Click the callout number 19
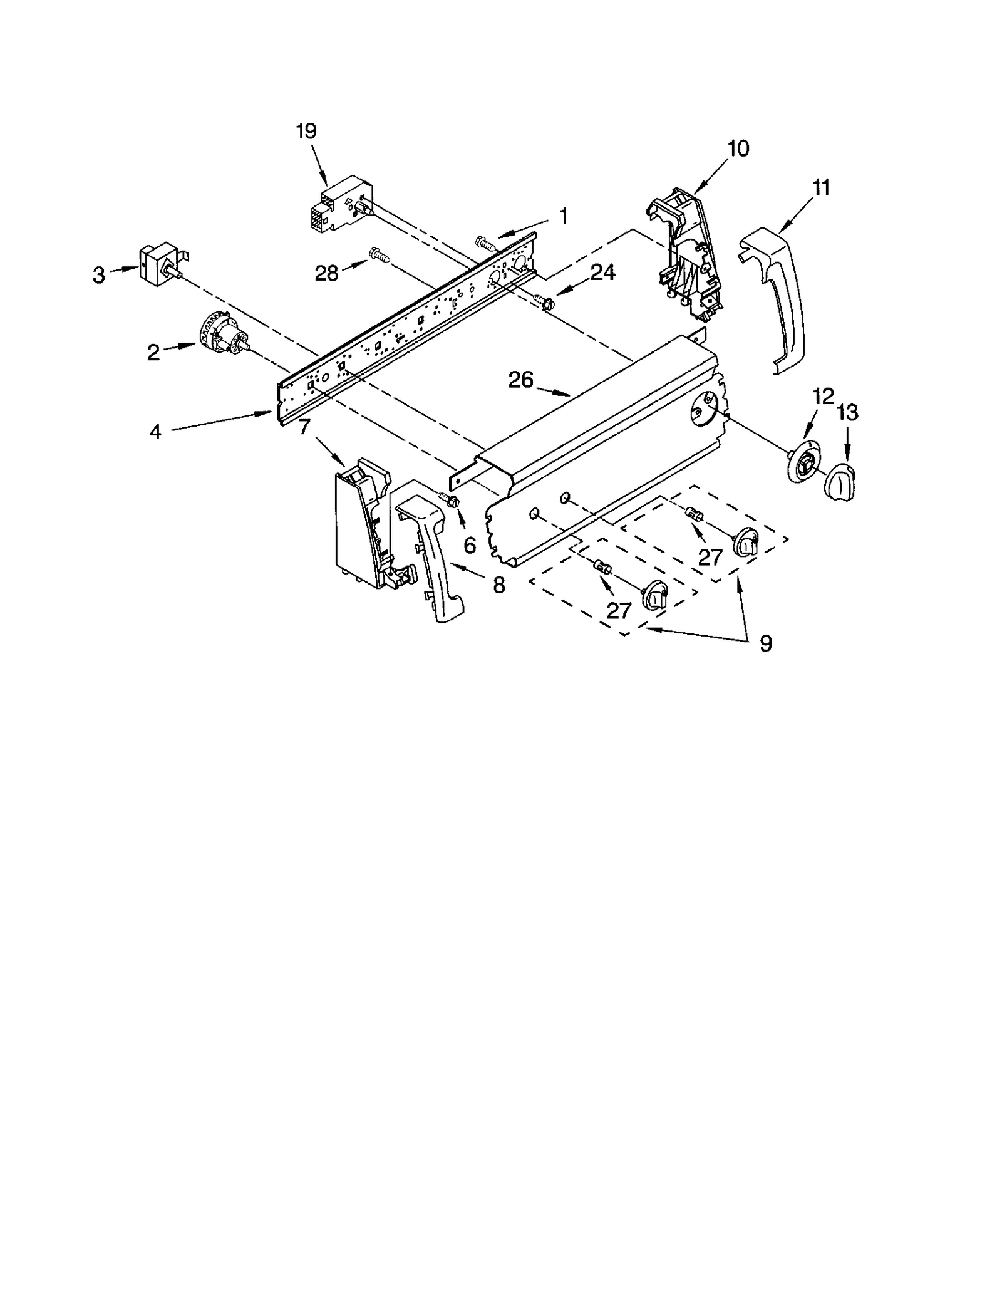pos(307,132)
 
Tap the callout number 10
pos(738,149)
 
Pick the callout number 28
pos(326,273)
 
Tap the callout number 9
pos(765,643)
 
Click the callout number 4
pos(155,432)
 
